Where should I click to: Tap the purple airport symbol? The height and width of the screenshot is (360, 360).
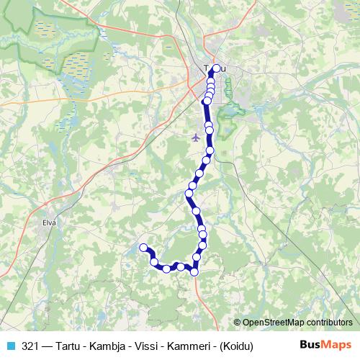pyautogui.click(x=197, y=138)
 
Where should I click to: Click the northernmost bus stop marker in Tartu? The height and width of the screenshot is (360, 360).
pyautogui.click(x=215, y=68)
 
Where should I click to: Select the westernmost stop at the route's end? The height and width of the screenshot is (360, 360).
pyautogui.click(x=143, y=247)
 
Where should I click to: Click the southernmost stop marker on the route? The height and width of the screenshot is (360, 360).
pyautogui.click(x=194, y=271)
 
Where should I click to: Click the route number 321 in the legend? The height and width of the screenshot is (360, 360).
pyautogui.click(x=30, y=346)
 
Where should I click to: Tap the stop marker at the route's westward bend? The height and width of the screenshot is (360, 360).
pyautogui.click(x=189, y=194)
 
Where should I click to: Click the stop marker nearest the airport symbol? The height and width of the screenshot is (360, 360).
pyautogui.click(x=209, y=130)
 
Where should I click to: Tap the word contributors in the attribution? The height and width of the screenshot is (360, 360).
pyautogui.click(x=328, y=323)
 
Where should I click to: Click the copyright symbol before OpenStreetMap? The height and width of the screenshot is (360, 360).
pyautogui.click(x=238, y=323)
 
